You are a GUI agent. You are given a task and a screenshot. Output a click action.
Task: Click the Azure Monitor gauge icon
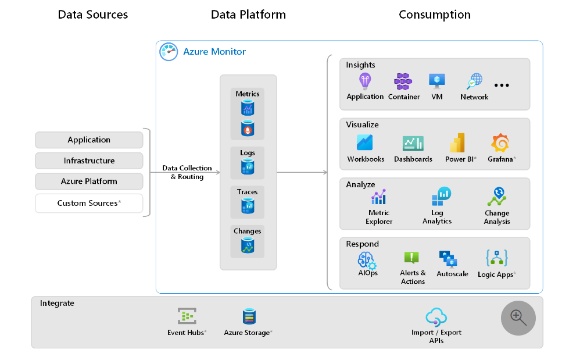169,52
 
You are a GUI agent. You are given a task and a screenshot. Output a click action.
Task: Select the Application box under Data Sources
89,140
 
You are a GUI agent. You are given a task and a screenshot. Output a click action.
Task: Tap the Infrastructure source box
89,161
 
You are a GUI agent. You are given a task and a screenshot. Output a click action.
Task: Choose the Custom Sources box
89,204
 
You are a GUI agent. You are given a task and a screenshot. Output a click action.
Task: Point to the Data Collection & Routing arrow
187,172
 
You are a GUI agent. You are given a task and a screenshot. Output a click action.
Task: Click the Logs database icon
248,167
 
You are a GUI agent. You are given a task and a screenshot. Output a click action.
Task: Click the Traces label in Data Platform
248,192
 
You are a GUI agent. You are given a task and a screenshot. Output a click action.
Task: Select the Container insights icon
403,81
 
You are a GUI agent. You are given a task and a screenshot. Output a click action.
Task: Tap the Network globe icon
475,81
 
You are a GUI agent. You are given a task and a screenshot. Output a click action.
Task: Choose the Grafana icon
500,143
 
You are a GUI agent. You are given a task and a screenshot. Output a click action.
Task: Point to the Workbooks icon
365,143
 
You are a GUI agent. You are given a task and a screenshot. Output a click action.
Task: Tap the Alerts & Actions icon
411,258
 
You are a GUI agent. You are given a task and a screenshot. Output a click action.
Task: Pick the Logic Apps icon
497,258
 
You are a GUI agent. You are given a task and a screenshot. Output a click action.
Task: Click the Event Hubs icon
187,316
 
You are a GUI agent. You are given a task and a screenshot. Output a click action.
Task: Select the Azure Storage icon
249,316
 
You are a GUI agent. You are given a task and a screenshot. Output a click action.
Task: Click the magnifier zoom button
518,318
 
